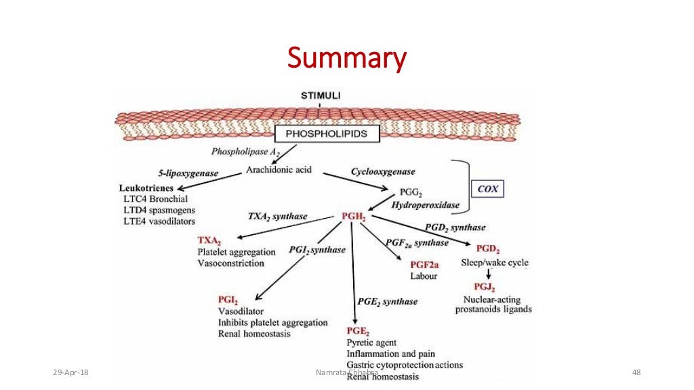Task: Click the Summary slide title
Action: [x=346, y=58]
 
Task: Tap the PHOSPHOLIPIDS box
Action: [x=327, y=133]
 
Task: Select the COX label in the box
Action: [x=488, y=190]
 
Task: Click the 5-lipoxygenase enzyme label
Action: [x=189, y=173]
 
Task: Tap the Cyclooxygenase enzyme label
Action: [x=383, y=172]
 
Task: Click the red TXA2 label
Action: [x=209, y=240]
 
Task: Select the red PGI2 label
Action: [x=228, y=299]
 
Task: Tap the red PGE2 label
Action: [x=358, y=331]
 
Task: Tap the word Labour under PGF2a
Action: [x=424, y=276]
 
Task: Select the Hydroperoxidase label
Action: [x=426, y=204]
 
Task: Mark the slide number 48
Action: [x=636, y=373]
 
